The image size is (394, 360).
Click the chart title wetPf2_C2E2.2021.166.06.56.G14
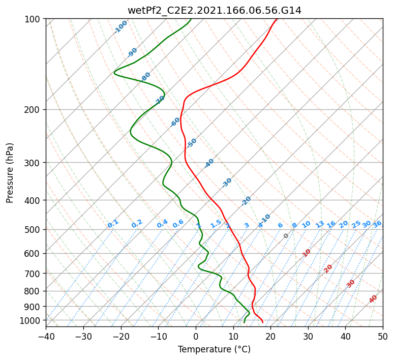click(214, 10)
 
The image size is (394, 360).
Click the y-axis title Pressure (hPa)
click(10, 172)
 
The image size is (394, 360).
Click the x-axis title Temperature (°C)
click(214, 350)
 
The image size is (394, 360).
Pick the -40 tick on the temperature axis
click(46, 337)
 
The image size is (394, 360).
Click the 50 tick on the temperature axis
click(383, 337)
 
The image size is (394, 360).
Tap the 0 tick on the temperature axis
click(196, 337)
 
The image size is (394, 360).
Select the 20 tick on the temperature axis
click(270, 337)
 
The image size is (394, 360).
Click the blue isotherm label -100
click(121, 26)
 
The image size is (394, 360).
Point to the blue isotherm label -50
click(192, 143)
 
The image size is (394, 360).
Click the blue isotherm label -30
click(227, 183)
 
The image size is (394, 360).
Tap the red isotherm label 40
click(373, 299)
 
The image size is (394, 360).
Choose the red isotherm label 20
click(328, 268)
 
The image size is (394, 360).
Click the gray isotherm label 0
click(286, 236)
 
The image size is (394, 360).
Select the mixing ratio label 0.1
click(113, 224)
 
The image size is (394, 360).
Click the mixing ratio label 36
click(377, 224)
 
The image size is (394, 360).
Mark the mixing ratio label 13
click(320, 224)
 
